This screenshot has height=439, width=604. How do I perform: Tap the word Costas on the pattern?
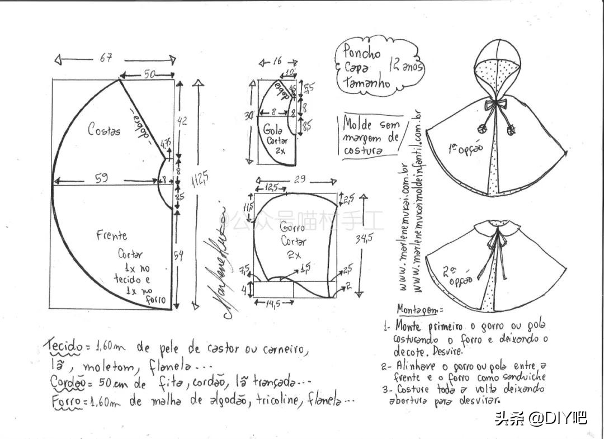pyautogui.click(x=104, y=130)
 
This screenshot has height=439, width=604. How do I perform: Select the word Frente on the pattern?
pyautogui.click(x=111, y=236)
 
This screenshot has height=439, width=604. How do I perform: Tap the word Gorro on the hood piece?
pyautogui.click(x=291, y=228)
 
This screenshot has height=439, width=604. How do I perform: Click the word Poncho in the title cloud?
pyautogui.click(x=362, y=53)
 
